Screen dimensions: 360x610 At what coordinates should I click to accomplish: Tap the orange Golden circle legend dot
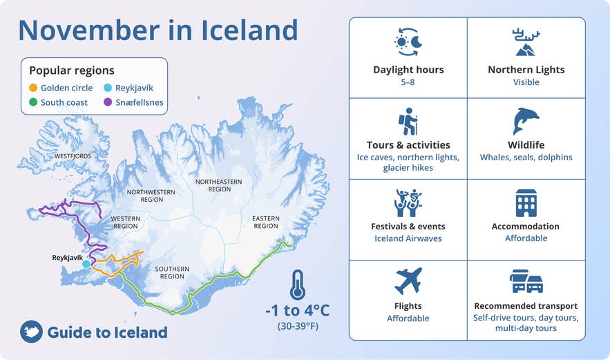click(33, 88)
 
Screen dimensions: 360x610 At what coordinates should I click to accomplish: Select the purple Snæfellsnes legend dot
click(108, 103)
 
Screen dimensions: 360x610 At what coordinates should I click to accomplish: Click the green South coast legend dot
click(33, 103)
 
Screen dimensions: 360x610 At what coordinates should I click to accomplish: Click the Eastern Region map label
click(265, 222)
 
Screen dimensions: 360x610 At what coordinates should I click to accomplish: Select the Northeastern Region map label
click(219, 185)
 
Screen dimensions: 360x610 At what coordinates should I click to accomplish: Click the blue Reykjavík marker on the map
click(86, 264)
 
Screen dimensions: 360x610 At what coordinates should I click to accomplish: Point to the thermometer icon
click(298, 284)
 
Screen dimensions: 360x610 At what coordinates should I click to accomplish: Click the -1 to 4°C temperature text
click(297, 309)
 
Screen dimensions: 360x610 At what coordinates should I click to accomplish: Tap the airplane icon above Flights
click(408, 281)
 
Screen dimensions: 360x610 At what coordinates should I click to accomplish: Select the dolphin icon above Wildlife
click(526, 121)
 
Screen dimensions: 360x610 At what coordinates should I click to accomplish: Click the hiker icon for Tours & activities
click(408, 121)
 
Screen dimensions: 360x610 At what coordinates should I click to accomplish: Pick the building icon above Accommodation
click(526, 202)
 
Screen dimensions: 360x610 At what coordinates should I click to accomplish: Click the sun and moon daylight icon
click(408, 43)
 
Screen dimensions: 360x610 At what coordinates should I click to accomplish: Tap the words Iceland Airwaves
click(408, 238)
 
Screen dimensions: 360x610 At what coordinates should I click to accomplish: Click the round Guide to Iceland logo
click(31, 332)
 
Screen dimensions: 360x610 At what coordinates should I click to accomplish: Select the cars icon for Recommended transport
click(526, 281)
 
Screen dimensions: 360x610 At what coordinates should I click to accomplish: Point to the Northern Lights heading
click(526, 69)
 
